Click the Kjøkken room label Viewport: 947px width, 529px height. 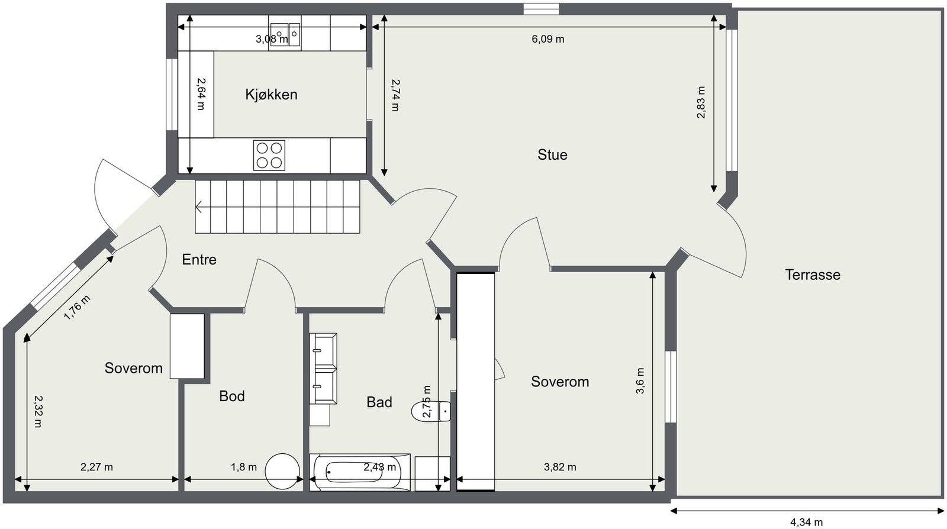tap(272, 94)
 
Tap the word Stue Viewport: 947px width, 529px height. tap(552, 154)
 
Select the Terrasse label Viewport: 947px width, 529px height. tap(813, 275)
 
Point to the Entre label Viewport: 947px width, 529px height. tap(199, 259)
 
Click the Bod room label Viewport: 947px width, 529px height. tap(231, 396)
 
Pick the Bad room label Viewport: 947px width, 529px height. tap(379, 402)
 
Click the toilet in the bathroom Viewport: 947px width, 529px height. tap(431, 411)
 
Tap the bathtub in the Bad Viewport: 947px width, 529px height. tap(360, 472)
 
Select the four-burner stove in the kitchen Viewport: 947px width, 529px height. tap(269, 155)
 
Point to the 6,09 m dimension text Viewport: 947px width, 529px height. tap(548, 39)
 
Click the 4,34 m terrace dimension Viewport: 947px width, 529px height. tap(806, 522)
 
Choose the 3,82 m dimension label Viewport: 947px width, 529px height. tap(560, 467)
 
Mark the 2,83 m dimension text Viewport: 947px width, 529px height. tap(701, 102)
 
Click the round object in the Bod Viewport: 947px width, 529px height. tap(282, 472)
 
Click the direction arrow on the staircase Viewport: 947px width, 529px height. tap(199, 207)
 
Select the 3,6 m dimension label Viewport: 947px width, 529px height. tap(640, 380)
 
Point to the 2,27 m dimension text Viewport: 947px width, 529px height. tap(96, 467)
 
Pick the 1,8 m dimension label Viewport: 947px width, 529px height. tap(243, 467)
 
